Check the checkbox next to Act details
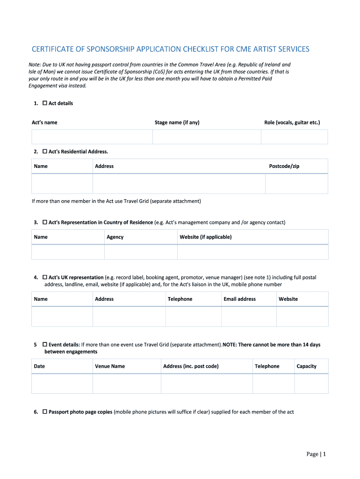coord(45,103)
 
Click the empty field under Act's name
coord(92,137)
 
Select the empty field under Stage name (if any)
coord(207,137)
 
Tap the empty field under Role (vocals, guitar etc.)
coord(294,137)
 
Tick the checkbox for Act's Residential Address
coord(45,152)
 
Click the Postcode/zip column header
coord(284,166)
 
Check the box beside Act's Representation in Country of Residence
coord(45,222)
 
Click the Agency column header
coord(115,237)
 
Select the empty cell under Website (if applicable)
coord(252,252)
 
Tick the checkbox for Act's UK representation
coord(45,277)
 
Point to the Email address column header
coord(239,299)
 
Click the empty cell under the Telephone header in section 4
coord(193,317)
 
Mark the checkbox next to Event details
coord(45,345)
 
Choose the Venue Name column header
coord(110,366)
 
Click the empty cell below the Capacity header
coord(311,384)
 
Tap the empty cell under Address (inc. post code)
coord(207,384)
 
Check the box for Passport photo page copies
coord(45,412)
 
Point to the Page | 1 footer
coord(316,454)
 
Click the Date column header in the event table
coord(39,366)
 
